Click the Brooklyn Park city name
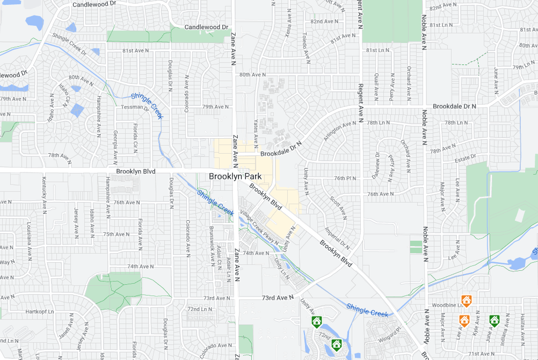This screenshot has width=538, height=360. coord(235,176)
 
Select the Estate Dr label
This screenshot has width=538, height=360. coord(465,157)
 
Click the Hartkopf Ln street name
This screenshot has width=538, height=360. coord(40,312)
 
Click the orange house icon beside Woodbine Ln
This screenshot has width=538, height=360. coord(466,300)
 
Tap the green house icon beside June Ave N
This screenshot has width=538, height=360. coord(494,321)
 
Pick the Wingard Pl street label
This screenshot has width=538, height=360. coord(390,333)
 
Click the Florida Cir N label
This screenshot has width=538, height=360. coord(135,136)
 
